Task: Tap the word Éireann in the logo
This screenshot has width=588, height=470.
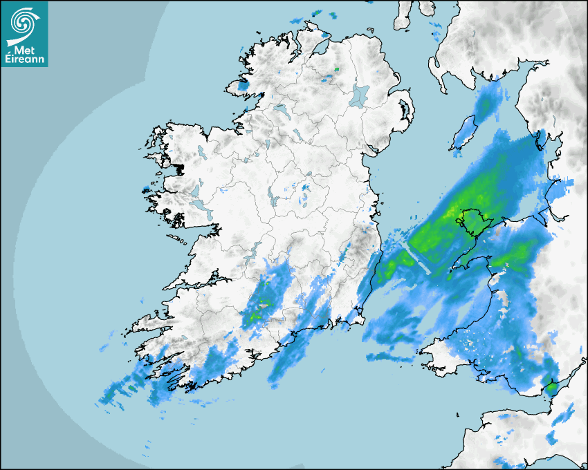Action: [x=24, y=59]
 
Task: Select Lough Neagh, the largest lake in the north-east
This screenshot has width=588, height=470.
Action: [x=360, y=95]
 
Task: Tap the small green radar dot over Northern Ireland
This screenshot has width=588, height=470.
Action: [x=337, y=69]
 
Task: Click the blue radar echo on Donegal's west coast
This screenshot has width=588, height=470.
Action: [x=241, y=88]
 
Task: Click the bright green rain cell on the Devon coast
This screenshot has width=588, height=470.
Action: [x=551, y=387]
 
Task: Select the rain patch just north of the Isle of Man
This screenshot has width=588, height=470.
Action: [x=488, y=100]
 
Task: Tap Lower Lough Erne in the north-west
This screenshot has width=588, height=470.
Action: [x=279, y=109]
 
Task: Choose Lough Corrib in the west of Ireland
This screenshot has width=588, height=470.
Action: [x=196, y=189]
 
